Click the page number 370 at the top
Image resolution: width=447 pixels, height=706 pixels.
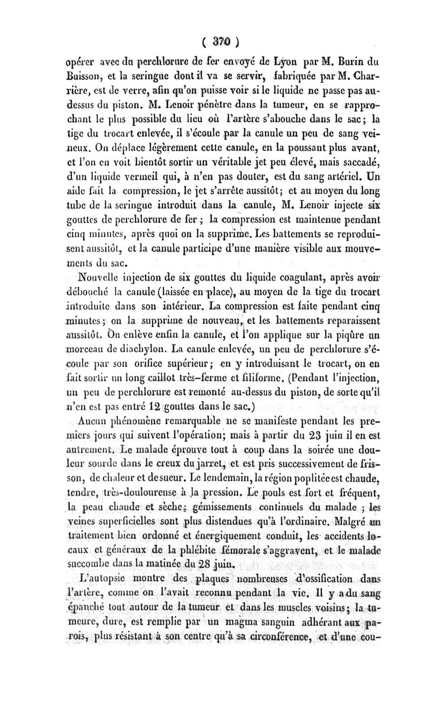[x=222, y=41]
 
